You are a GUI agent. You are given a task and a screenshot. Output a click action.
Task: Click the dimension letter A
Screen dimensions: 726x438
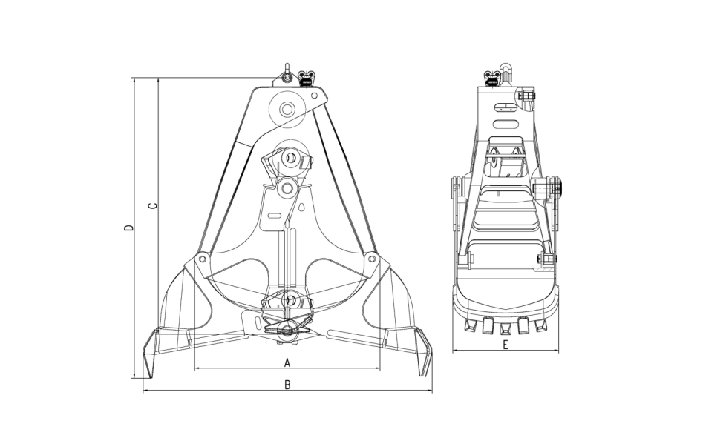(287, 362)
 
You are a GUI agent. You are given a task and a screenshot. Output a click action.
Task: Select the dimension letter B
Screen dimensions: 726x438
(287, 385)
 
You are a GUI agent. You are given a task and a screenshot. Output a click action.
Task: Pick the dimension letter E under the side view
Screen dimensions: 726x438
(506, 345)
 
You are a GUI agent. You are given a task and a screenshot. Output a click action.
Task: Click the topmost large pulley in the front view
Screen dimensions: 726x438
(287, 110)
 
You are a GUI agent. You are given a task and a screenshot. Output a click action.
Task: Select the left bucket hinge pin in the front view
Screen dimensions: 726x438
(201, 259)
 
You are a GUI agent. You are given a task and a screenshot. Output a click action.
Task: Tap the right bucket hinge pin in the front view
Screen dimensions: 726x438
(372, 259)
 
